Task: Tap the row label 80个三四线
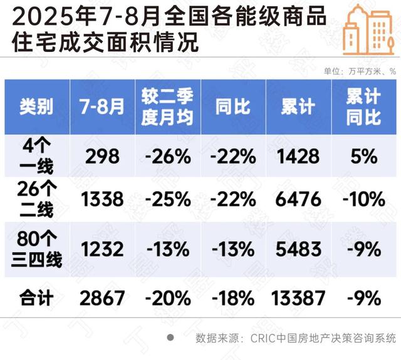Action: (38, 249)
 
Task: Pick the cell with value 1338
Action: (102, 200)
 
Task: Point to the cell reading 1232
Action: (102, 249)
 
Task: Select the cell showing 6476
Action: (298, 200)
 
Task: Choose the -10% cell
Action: (363, 200)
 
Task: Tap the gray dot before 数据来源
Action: (170, 337)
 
